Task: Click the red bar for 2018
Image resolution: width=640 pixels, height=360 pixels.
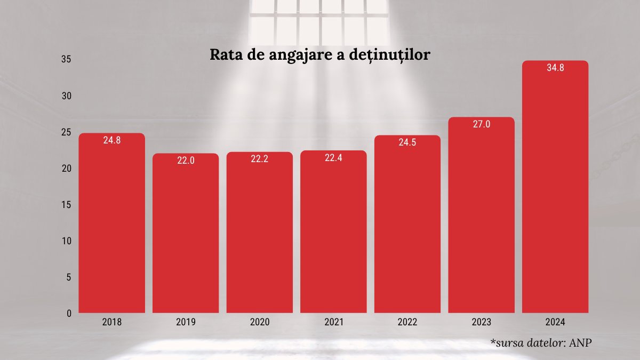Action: pos(111,224)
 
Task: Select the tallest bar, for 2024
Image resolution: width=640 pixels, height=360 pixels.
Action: pos(555,187)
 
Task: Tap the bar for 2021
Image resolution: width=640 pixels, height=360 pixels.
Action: pos(333,232)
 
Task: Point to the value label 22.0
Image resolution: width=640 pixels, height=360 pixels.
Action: pos(186,161)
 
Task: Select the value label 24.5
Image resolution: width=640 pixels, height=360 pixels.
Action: pos(407,142)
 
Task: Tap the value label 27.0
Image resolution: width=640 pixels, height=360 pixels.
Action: pos(481,124)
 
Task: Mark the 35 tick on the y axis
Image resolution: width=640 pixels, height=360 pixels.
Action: pos(66,59)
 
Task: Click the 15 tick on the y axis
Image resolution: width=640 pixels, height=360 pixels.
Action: pos(66,205)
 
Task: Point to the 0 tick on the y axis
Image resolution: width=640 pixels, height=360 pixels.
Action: pos(69,314)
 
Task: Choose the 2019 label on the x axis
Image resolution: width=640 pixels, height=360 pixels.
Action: pos(186,323)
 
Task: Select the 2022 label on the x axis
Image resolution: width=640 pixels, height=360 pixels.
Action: pos(407,323)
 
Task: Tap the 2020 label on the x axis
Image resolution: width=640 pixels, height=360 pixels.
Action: pos(260,323)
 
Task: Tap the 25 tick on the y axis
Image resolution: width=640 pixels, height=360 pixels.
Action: pos(66,132)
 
